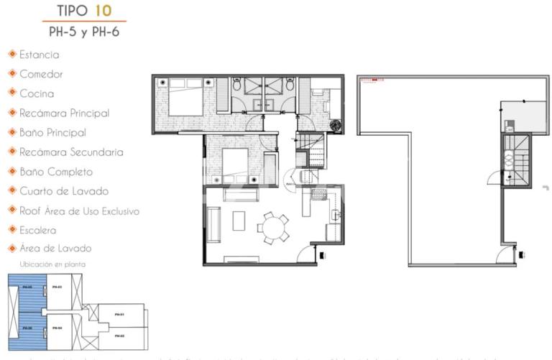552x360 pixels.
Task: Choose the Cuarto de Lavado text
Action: coord(64,191)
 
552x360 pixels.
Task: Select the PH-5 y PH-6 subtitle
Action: coord(89,32)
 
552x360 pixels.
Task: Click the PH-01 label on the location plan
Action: coord(119,315)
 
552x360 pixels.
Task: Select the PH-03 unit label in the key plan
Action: coord(57,287)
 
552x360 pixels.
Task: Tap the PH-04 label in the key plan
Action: coord(57,328)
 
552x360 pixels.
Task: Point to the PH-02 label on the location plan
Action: coord(119,336)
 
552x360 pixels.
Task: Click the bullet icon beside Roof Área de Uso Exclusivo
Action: coord(12,211)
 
